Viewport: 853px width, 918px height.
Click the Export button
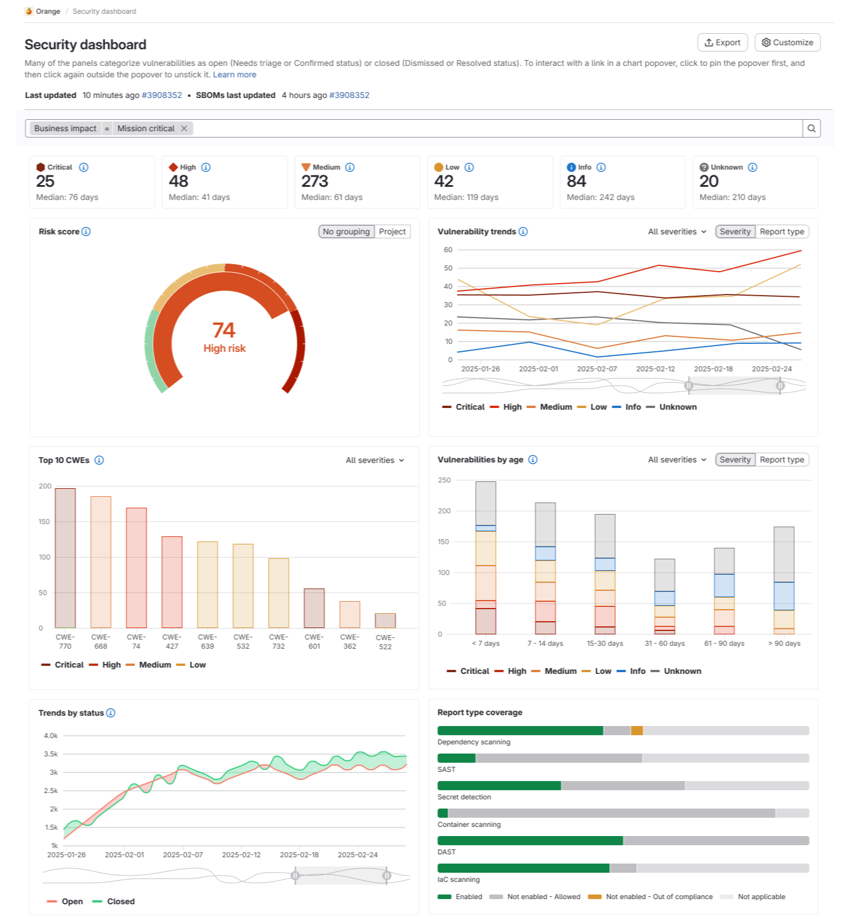722,42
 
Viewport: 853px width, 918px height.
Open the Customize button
788,42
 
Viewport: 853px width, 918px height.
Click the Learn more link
235,74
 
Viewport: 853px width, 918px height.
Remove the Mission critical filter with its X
184,128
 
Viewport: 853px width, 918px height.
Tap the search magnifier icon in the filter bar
812,128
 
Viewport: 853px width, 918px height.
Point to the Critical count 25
45,181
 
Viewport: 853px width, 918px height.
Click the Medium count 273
315,181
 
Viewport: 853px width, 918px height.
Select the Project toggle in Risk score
392,232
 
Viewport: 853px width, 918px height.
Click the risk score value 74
224,330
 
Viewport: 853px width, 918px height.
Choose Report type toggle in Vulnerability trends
782,232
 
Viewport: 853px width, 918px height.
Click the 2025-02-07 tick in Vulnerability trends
597,369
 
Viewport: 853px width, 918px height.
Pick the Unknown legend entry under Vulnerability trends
672,407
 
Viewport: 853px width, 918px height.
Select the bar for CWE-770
65,558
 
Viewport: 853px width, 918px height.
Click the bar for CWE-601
314,608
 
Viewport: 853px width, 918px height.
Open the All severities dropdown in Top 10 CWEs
375,460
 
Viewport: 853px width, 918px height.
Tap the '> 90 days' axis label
784,644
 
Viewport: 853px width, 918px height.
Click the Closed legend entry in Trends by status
114,901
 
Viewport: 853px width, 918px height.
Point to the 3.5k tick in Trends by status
51,754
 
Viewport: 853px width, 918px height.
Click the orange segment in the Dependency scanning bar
637,731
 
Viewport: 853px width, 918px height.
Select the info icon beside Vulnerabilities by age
533,460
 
